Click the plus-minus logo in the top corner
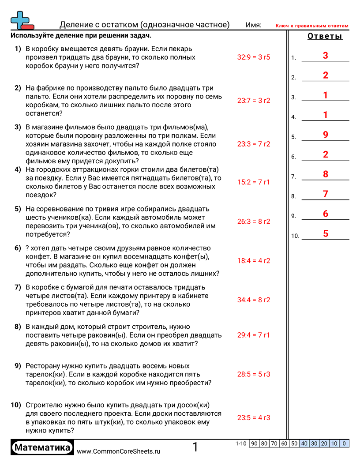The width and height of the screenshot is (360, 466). pos(22,20)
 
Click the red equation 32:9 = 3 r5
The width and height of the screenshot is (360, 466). pos(253,57)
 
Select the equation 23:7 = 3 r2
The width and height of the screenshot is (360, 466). pos(253,101)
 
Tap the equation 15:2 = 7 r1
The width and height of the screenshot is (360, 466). pos(253,182)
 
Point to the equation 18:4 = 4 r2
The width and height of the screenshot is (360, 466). pos(253,261)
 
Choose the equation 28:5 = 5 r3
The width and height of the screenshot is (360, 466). pos(253,374)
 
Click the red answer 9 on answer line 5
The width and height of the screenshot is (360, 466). pos(325,135)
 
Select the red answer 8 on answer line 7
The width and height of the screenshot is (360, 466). pos(325,174)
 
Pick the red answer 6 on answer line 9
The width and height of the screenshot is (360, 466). pos(325,214)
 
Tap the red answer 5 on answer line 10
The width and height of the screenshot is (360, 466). pos(325,233)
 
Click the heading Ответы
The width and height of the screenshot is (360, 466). pos(325,37)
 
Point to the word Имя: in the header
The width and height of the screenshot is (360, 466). pos(254,25)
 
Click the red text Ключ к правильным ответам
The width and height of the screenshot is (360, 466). pos(312,26)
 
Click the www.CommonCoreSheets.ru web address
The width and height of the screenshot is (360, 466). pos(118,451)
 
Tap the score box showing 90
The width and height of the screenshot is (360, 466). pos(254,443)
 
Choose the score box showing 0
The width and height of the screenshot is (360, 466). pos(344,443)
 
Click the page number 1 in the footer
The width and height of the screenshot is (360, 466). pos(195,447)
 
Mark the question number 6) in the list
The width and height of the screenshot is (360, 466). pos(18,248)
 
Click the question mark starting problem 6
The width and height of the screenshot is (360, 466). pos(28,248)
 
